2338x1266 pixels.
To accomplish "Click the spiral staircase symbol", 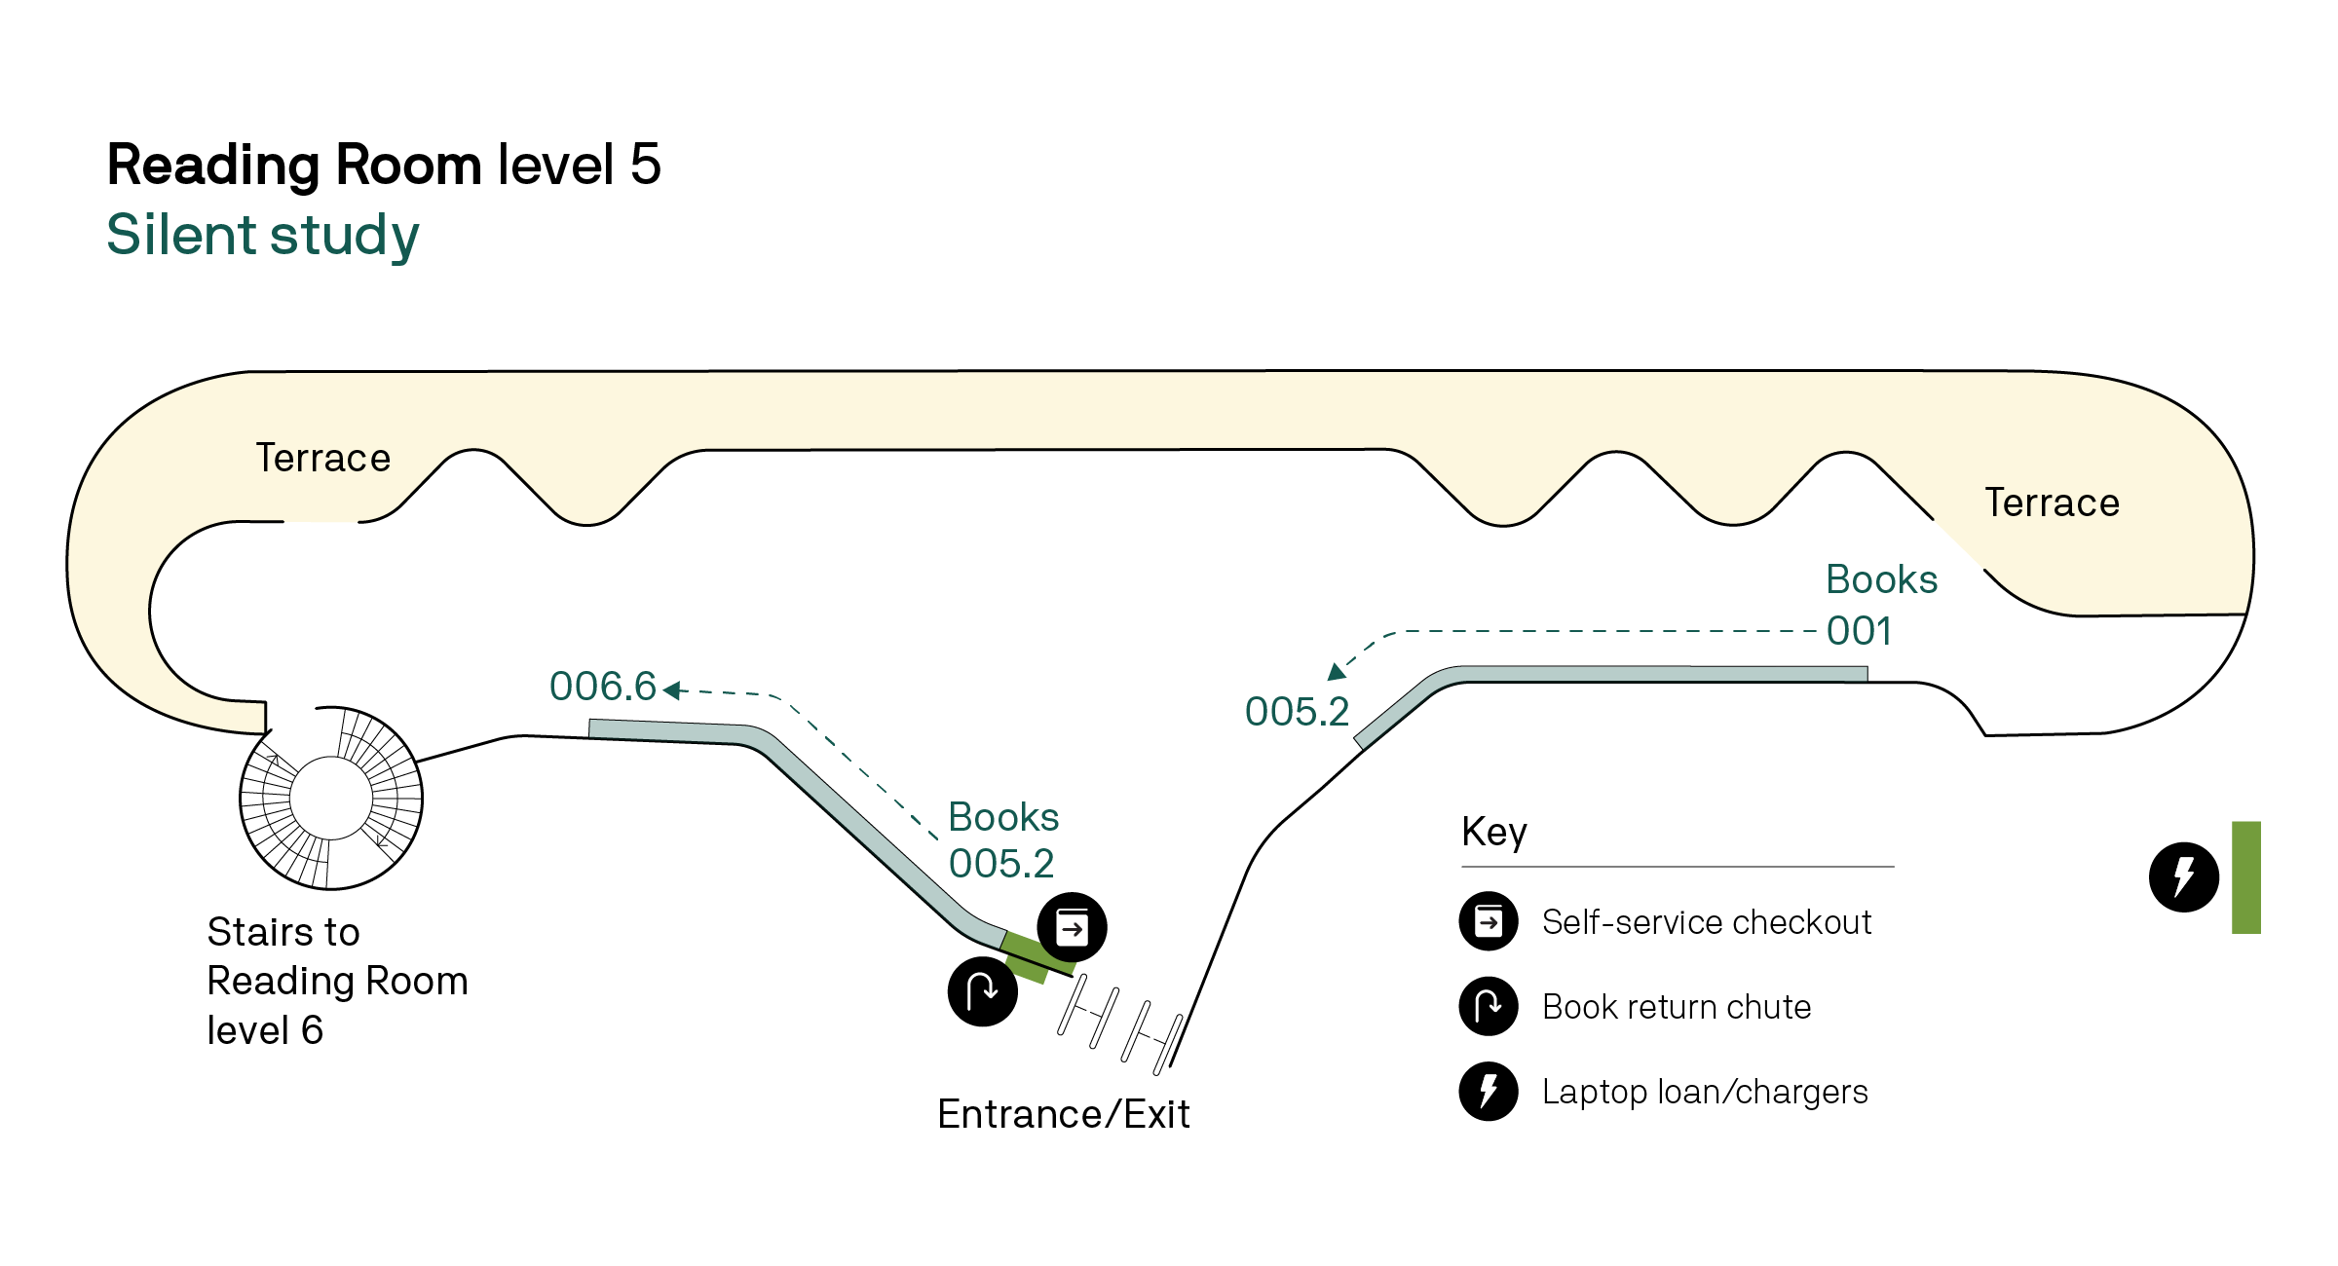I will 331,798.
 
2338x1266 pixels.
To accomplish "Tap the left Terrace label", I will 322,458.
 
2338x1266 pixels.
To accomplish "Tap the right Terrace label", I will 2052,503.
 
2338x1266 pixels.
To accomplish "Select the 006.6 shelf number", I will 603,687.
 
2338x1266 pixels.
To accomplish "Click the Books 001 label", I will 1880,605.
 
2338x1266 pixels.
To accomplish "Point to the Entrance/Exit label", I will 1063,1114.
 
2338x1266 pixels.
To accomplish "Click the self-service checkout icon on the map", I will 1072,927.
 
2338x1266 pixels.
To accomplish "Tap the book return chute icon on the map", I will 983,991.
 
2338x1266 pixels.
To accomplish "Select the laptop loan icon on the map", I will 2184,876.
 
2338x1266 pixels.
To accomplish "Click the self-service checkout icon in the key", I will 1489,921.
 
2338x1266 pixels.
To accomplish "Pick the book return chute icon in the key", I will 1489,1006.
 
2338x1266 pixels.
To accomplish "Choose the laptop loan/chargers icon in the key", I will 1489,1091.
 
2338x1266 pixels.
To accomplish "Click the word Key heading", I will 1494,833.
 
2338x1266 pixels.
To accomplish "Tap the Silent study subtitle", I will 263,236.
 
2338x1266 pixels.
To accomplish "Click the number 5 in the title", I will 646,164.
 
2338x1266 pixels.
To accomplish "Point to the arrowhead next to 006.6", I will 672,690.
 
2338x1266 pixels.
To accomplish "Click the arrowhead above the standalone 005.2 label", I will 1338,671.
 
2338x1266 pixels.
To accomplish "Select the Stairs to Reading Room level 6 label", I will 337,981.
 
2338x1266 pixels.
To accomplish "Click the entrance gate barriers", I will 1120,1023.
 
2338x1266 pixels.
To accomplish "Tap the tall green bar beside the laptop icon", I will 2245,877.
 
